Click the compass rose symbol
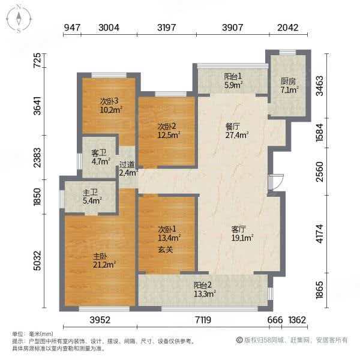[x=19, y=19]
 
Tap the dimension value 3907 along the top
[x=233, y=28]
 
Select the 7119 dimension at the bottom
[x=203, y=320]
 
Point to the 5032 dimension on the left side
[x=37, y=260]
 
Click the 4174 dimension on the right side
[x=320, y=234]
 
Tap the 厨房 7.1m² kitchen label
[x=289, y=86]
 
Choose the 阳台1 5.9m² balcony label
[x=233, y=80]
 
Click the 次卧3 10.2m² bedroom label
[x=110, y=106]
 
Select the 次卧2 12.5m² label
[x=168, y=131]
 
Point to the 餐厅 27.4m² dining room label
[x=237, y=131]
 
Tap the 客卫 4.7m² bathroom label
[x=101, y=157]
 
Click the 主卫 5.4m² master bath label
[x=92, y=197]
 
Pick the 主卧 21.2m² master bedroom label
[x=104, y=260]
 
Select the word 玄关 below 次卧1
[x=166, y=250]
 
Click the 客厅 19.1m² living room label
[x=242, y=233]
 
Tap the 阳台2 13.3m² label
[x=205, y=289]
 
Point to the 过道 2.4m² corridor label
[x=128, y=169]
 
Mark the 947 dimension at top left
[x=72, y=28]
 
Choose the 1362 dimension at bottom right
[x=297, y=320]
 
